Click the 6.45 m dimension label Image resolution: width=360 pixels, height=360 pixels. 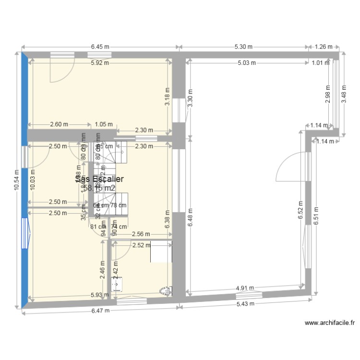click(100, 47)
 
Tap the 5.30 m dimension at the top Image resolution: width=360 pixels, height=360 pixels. click(243, 47)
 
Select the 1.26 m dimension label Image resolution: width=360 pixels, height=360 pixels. click(324, 47)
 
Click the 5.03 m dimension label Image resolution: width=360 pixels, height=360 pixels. click(247, 62)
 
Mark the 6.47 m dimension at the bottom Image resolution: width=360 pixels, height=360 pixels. click(100, 311)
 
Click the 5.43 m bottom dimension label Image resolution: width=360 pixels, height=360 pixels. click(245, 304)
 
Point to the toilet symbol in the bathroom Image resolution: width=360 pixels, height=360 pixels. click(165, 290)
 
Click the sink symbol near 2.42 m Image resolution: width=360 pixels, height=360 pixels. click(117, 284)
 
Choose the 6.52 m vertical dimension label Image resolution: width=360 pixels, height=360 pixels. click(300, 209)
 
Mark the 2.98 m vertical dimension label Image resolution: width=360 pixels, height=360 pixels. click(328, 94)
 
